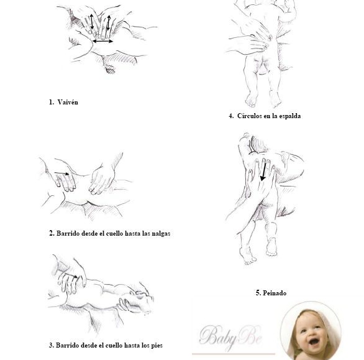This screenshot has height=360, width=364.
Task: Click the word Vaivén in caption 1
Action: pos(68,102)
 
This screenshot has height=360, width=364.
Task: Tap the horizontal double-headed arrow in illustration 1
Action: pos(103,42)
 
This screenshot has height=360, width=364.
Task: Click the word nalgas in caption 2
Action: pos(161,234)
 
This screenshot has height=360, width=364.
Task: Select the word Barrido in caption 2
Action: pos(68,233)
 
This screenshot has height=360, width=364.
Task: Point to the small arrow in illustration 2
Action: pos(61,173)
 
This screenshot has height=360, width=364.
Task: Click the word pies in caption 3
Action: pos(157,346)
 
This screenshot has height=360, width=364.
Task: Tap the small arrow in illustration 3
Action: pos(73,276)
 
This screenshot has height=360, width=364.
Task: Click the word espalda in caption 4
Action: pos(289,116)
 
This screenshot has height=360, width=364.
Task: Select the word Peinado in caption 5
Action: pos(275,293)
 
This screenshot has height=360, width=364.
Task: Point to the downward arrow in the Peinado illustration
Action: pos(263,172)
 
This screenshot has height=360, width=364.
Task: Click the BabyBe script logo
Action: pos(230,336)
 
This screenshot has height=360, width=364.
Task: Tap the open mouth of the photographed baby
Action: pos(314,341)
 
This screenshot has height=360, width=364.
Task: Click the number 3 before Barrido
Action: pos(51,345)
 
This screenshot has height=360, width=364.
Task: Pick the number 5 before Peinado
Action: pos(258,293)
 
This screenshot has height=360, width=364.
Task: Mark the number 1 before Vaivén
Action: pos(51,102)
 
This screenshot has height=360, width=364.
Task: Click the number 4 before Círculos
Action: pos(231,116)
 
